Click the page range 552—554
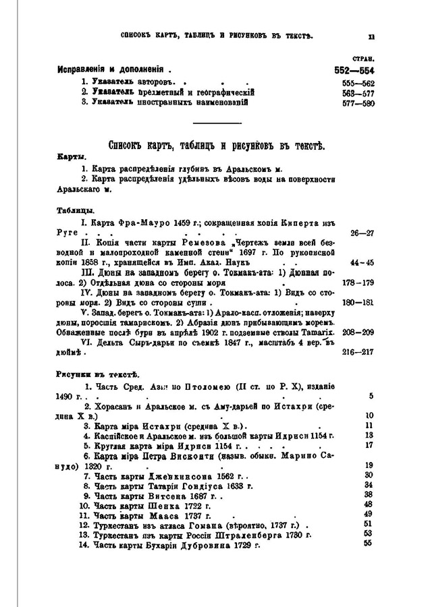(x=354, y=70)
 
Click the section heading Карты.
(x=70, y=156)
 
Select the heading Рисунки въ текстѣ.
(x=88, y=373)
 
